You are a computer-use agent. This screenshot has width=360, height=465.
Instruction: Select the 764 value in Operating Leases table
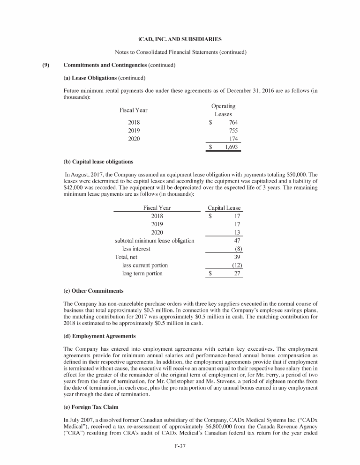point(232,123)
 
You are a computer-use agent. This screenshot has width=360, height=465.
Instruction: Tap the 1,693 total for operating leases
point(231,147)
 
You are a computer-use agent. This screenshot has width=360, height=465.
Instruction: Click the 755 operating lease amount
point(232,131)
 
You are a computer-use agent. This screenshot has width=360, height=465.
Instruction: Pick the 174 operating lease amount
point(232,139)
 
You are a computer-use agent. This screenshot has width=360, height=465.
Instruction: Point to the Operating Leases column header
point(224,110)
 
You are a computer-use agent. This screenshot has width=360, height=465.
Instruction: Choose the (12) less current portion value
point(237,265)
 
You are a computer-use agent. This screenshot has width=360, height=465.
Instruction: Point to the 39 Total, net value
point(237,257)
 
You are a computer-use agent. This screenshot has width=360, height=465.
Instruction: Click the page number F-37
point(180,452)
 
